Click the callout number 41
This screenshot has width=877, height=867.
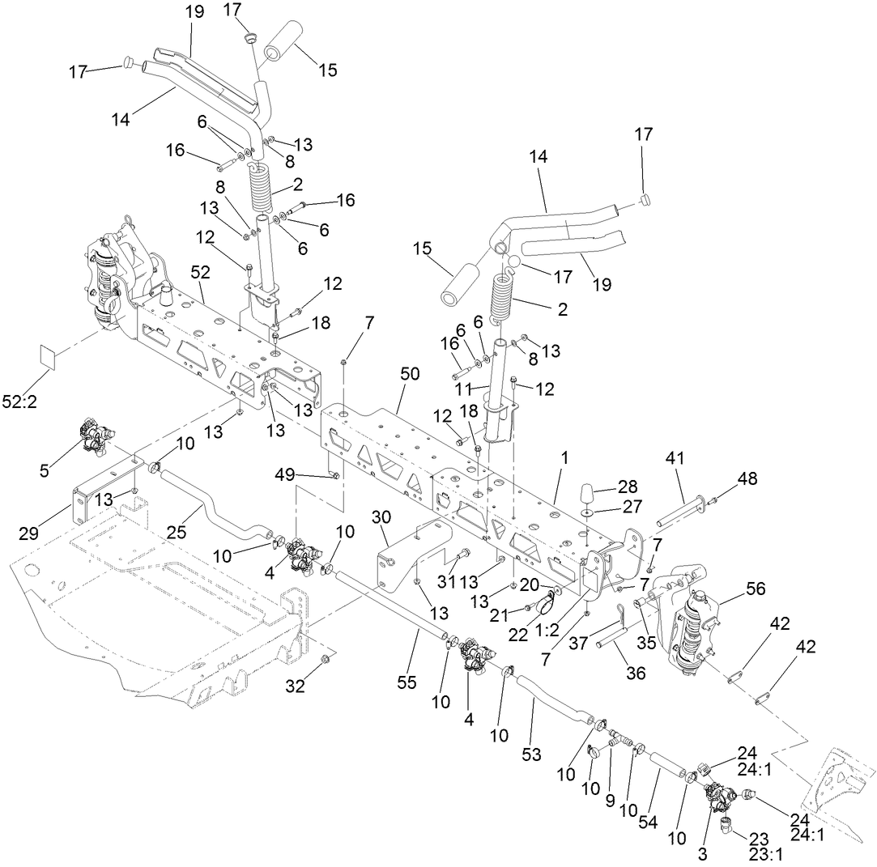click(675, 459)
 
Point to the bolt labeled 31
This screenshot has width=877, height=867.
click(462, 555)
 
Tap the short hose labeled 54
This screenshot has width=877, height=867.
click(665, 764)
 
